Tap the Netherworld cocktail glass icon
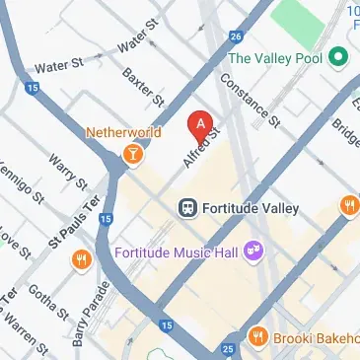point(131,153)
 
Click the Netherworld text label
point(124,130)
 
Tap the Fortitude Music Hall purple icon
point(253,252)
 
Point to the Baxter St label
point(143,88)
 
